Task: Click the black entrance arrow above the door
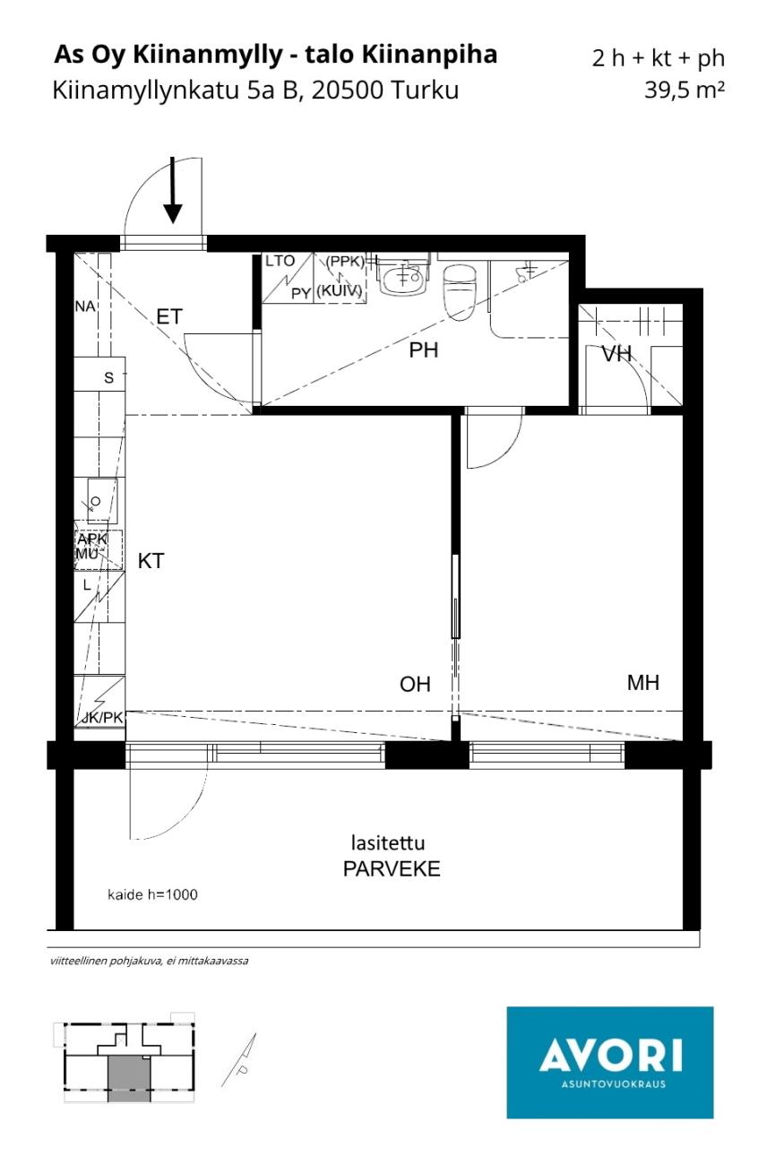coord(173,191)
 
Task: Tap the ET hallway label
coord(169,316)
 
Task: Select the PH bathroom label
coord(423,350)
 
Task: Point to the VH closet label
coord(616,354)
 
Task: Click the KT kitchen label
coord(151,561)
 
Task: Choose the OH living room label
coord(415,684)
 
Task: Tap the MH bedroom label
coord(643,682)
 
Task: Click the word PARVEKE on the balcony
coord(392,868)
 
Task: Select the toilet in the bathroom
coord(460,292)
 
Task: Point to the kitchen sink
coord(102,501)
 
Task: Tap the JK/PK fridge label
coord(102,718)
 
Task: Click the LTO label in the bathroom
coord(280,261)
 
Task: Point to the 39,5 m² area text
coord(685,90)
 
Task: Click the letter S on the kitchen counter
coord(108,377)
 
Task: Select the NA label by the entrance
coord(85,306)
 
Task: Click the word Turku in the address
coord(425,90)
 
